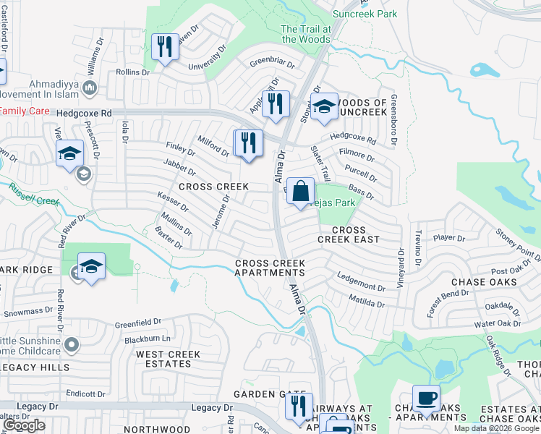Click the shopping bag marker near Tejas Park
(301, 192)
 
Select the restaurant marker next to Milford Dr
(248, 142)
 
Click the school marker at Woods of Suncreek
(324, 107)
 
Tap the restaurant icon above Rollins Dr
(164, 47)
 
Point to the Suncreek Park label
(365, 14)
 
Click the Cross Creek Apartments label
(270, 268)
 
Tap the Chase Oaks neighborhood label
(484, 281)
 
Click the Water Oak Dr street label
(497, 324)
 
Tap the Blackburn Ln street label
(147, 339)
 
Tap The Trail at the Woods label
(306, 34)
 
